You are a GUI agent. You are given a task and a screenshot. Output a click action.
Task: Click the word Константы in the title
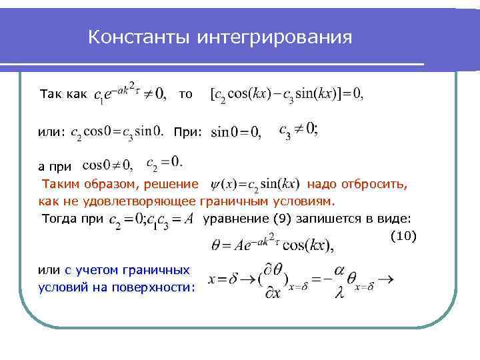(139, 37)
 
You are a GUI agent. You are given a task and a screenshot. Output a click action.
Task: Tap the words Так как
(63, 95)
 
